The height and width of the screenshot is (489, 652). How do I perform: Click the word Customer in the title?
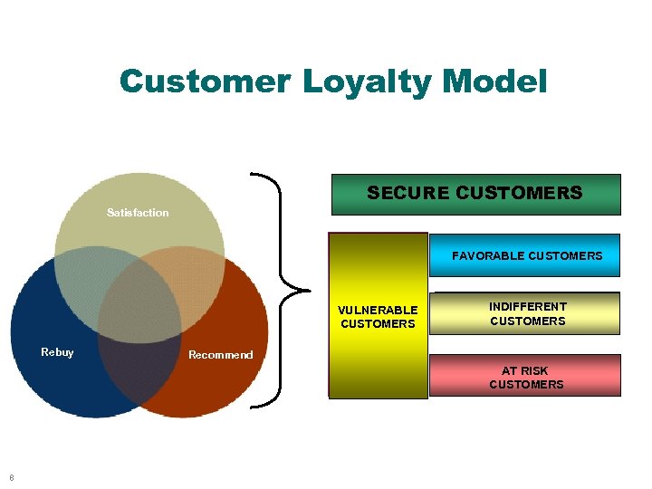pos(204,81)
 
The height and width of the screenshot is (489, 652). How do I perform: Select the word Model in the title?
pos(495,81)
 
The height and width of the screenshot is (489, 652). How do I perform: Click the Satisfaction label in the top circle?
pos(138,213)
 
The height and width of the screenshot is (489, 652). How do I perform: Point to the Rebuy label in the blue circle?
pos(57,352)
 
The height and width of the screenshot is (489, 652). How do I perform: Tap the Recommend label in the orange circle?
pos(220,355)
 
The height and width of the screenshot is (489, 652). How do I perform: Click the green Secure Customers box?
pos(475,194)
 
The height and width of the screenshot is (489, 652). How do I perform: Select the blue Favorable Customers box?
pos(526,255)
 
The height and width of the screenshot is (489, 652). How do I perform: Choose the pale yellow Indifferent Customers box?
pos(527,313)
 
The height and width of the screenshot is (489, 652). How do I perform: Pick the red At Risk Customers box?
pos(525,377)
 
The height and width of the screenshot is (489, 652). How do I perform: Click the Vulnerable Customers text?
pos(378,317)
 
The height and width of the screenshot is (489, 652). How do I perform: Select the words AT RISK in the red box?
pos(525,370)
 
